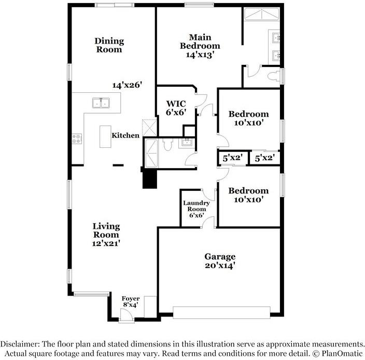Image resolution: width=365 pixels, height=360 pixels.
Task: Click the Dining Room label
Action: [x=109, y=45]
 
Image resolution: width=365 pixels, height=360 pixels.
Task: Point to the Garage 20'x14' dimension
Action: [x=220, y=266]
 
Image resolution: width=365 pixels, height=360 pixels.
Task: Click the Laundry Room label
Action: [x=196, y=209]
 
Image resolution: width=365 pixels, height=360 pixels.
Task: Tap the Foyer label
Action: [x=130, y=299]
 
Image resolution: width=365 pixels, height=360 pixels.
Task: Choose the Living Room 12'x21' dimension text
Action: [x=106, y=242]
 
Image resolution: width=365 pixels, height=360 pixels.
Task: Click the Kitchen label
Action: [x=125, y=135]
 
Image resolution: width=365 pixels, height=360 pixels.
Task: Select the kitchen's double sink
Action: [x=101, y=103]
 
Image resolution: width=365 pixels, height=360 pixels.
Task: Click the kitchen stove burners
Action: [x=77, y=139]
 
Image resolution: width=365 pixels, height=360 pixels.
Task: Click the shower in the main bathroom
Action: [x=262, y=16]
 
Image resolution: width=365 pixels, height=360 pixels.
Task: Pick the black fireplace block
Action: [x=150, y=179]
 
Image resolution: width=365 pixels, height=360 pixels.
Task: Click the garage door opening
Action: [x=221, y=312]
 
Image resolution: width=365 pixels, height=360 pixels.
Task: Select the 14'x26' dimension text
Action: [x=127, y=84]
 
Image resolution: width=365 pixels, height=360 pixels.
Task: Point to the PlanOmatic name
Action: [x=339, y=353]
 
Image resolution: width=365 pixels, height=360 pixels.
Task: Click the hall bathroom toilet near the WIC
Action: [x=167, y=146]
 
